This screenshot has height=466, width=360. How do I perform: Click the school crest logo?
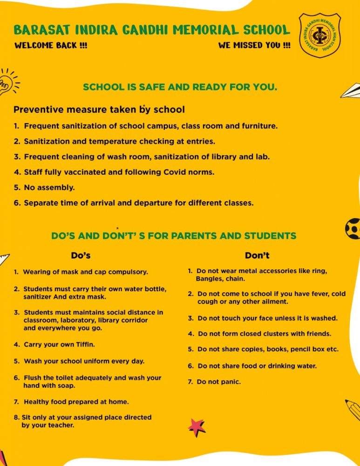pyautogui.click(x=319, y=35)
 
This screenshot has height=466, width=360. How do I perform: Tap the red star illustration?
pyautogui.click(x=197, y=426)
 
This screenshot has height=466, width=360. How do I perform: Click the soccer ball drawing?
pyautogui.click(x=353, y=228)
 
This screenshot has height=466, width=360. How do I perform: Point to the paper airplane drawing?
pyautogui.click(x=351, y=90)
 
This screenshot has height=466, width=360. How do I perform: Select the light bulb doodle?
pyautogui.click(x=6, y=83)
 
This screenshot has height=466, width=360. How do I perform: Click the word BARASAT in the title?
pyautogui.click(x=41, y=30)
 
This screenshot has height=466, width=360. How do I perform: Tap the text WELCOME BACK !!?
pyautogui.click(x=51, y=46)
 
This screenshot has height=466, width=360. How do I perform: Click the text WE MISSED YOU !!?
pyautogui.click(x=254, y=46)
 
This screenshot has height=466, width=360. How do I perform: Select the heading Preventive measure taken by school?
pyautogui.click(x=99, y=110)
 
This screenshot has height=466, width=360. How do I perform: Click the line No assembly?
pyautogui.click(x=49, y=188)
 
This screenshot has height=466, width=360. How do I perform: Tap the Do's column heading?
pyautogui.click(x=81, y=255)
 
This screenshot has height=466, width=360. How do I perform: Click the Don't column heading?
pyautogui.click(x=257, y=255)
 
